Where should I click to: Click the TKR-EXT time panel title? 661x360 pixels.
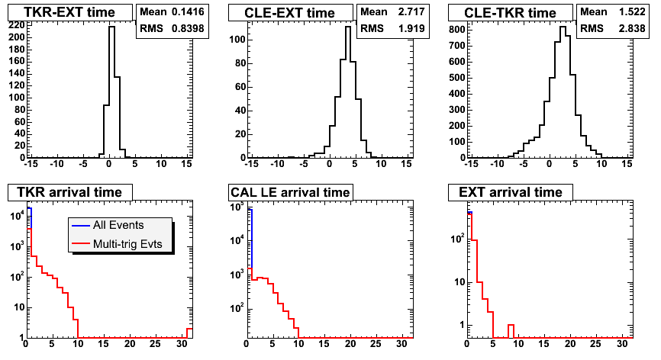pos(69,12)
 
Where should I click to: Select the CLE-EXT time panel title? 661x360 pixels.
pos(289,13)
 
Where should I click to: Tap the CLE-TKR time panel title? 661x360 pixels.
pos(510,13)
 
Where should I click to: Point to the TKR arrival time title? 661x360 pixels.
pos(69,192)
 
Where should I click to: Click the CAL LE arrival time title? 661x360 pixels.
pos(290,192)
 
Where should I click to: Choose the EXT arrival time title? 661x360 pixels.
pos(511,192)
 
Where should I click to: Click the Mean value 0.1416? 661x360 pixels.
pos(188,11)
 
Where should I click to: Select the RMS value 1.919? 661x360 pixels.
pos(411,28)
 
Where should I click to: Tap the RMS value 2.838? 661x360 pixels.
pos(632,28)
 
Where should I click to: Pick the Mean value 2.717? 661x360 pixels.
pos(411,11)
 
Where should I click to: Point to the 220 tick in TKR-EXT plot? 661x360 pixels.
pos(18,25)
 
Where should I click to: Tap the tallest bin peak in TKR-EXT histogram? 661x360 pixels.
pos(111,27)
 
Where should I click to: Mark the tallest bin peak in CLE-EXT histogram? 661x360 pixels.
pos(348,27)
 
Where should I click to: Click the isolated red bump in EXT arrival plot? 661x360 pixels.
pos(511,325)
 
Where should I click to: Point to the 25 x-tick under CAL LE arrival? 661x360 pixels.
pos(376,344)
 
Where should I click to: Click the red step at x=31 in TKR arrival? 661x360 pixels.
pos(190,329)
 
